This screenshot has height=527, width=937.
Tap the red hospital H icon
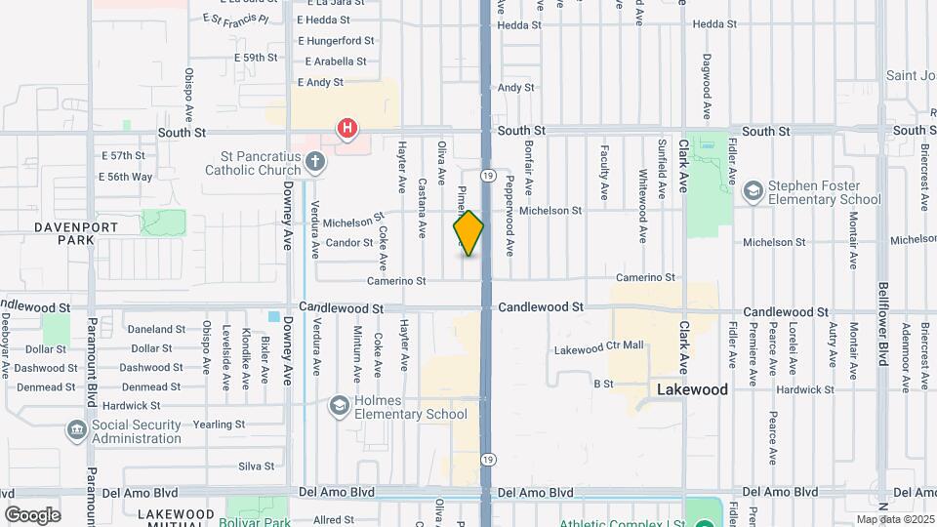pos(346,128)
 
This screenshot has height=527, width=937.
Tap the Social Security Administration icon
pos(76,430)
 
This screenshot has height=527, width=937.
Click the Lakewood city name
pos(692,389)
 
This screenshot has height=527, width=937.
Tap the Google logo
pos(32,514)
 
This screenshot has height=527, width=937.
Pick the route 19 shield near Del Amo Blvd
pos(487,459)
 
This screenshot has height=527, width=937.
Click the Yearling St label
pos(220,425)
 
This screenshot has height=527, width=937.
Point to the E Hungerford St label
pos(336,41)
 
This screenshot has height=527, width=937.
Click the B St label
pos(602,384)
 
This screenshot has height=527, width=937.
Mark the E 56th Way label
pos(126,177)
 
